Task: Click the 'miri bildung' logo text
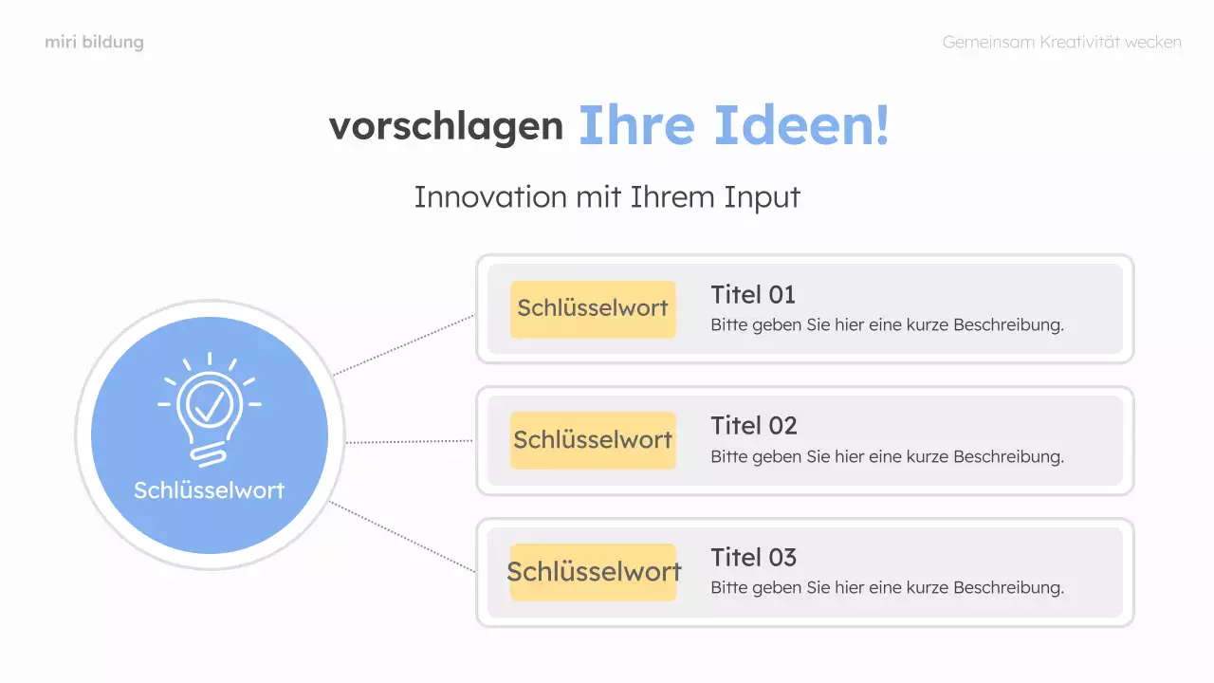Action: pyautogui.click(x=94, y=43)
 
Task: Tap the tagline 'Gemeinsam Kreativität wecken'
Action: pyautogui.click(x=1061, y=43)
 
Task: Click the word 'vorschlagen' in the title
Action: pyautogui.click(x=446, y=126)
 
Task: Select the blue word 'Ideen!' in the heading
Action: pyautogui.click(x=801, y=125)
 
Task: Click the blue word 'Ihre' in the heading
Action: pyautogui.click(x=636, y=125)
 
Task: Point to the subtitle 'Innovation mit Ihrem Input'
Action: pyautogui.click(x=607, y=197)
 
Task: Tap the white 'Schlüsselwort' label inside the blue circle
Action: pyautogui.click(x=209, y=490)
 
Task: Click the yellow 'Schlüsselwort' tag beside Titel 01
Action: pyautogui.click(x=593, y=308)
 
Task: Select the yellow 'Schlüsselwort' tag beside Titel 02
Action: pyautogui.click(x=593, y=440)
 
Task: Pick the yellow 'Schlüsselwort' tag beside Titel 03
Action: pyautogui.click(x=593, y=572)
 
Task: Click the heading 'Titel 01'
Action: pyautogui.click(x=753, y=295)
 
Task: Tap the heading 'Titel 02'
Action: pyautogui.click(x=754, y=426)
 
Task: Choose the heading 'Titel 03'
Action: pyautogui.click(x=754, y=558)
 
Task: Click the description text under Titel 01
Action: pyautogui.click(x=887, y=325)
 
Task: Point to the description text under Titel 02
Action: pyautogui.click(x=887, y=456)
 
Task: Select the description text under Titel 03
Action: pyautogui.click(x=887, y=588)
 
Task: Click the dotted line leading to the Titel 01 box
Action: pyautogui.click(x=403, y=344)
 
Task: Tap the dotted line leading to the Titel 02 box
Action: pyautogui.click(x=410, y=442)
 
